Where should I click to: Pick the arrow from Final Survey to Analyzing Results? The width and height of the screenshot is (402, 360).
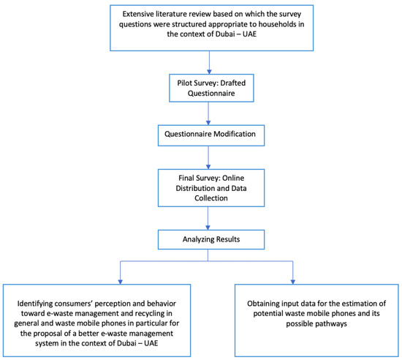210,218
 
